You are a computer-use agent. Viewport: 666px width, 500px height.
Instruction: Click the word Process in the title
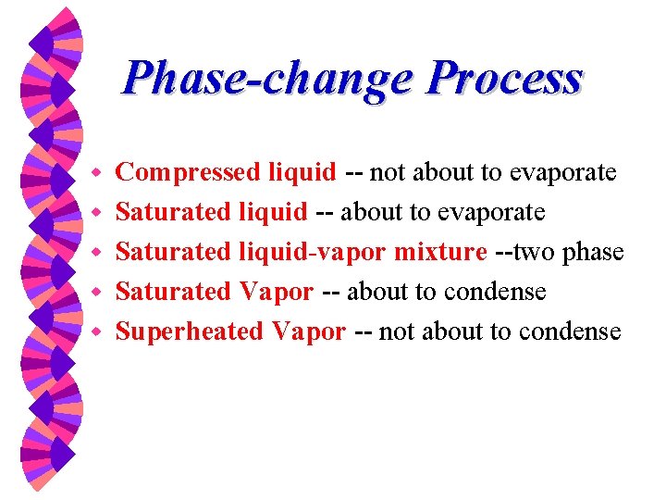click(504, 79)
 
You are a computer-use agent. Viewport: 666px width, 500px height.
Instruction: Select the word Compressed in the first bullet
click(189, 172)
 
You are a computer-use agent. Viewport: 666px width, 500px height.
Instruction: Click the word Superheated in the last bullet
click(190, 331)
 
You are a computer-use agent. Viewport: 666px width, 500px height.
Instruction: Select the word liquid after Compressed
click(302, 172)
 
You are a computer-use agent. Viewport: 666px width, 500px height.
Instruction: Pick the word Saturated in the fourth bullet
click(173, 292)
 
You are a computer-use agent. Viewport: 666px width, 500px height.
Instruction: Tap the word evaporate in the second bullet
click(491, 212)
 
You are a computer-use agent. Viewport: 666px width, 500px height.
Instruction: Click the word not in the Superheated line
click(396, 331)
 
